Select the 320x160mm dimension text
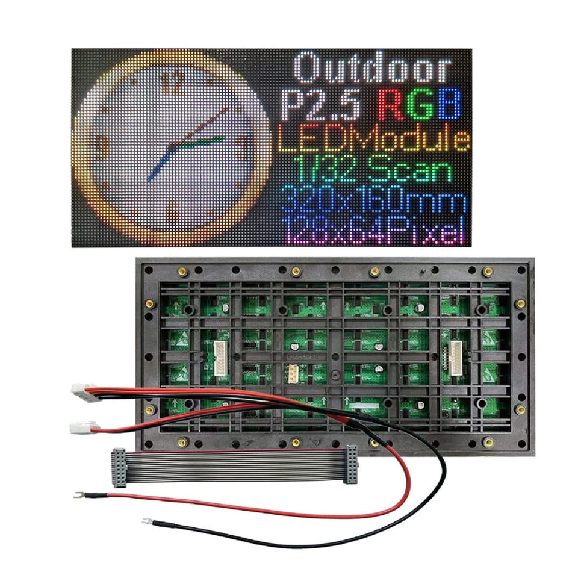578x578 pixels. (x=373, y=201)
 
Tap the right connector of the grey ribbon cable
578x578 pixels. (x=350, y=465)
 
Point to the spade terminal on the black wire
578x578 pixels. (x=148, y=521)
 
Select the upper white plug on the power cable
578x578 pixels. (x=80, y=391)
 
